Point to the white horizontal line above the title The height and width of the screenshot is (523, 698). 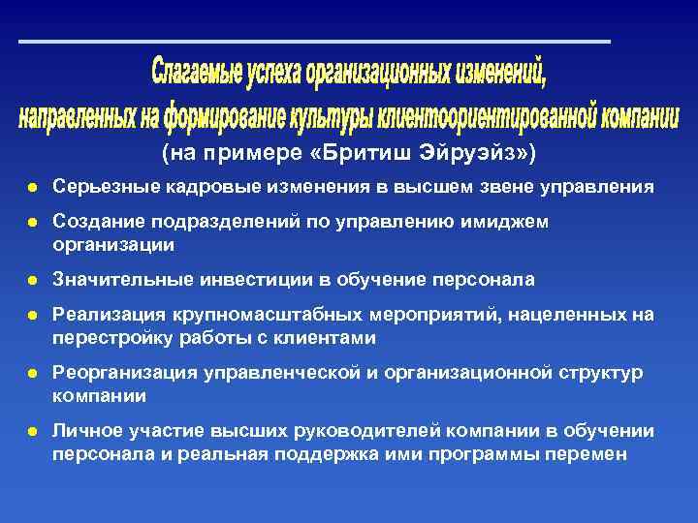pyautogui.click(x=315, y=42)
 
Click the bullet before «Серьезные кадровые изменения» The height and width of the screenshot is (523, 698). pyautogui.click(x=33, y=186)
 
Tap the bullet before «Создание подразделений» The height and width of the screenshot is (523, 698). pyautogui.click(x=33, y=223)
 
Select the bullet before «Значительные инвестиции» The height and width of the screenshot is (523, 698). pyautogui.click(x=33, y=280)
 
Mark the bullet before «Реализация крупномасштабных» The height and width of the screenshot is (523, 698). pyautogui.click(x=33, y=316)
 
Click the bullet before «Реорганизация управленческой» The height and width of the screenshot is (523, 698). pyautogui.click(x=33, y=373)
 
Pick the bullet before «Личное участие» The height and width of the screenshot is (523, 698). pyautogui.click(x=33, y=431)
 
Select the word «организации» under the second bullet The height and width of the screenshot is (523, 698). pyautogui.click(x=113, y=245)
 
